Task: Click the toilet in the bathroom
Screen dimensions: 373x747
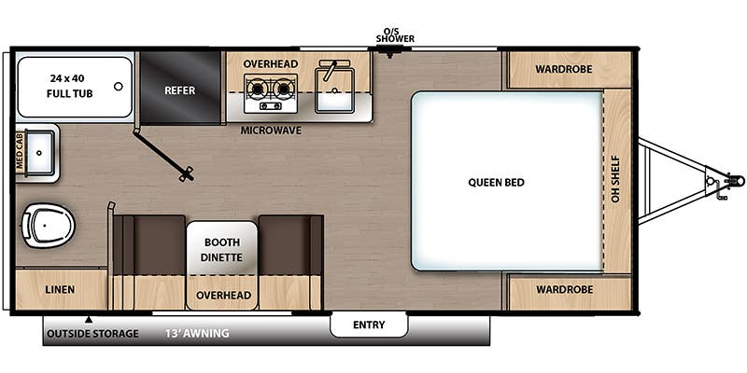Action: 45,225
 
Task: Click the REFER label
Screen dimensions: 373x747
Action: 179,90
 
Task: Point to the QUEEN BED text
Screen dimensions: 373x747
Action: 496,182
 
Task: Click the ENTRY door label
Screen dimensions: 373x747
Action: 369,325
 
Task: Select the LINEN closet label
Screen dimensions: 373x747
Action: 60,290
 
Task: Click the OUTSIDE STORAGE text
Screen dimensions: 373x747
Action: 92,333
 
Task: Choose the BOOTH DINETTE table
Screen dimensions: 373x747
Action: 222,248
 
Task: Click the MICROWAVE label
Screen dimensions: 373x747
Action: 271,131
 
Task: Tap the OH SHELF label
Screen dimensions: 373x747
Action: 617,182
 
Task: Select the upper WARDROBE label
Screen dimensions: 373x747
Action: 564,69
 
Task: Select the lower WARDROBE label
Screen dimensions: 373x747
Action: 564,290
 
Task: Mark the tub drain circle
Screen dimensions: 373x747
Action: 118,87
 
